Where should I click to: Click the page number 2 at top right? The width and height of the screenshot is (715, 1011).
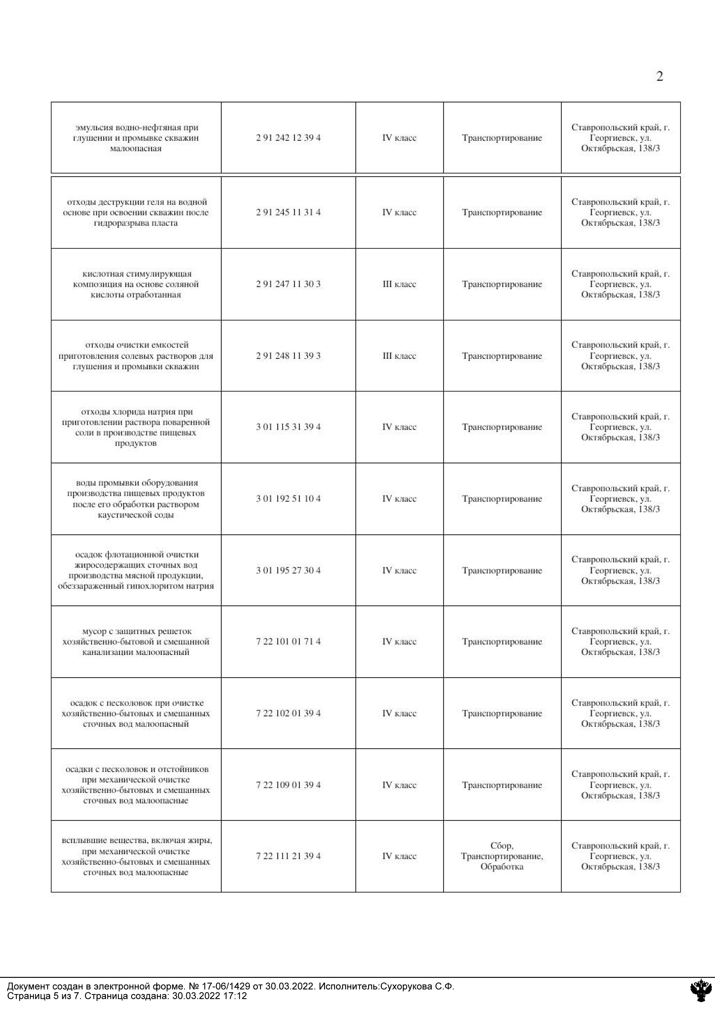659,77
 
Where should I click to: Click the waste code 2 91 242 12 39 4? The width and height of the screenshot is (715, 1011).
288,138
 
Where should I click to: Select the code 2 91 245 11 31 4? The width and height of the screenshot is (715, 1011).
288,212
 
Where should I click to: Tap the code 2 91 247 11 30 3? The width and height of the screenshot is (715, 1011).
288,284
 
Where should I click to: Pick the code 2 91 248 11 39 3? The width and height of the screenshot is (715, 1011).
288,356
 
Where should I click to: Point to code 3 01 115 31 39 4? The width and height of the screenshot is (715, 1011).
288,427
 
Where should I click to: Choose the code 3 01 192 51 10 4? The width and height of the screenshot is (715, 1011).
288,498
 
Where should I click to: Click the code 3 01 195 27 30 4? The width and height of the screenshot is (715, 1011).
288,570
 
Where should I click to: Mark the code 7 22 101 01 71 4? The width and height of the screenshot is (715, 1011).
288,641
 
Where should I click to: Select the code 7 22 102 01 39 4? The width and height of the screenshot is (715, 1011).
288,713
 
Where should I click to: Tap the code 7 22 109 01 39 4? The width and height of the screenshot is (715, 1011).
288,785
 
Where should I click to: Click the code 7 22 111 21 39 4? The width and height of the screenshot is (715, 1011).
288,856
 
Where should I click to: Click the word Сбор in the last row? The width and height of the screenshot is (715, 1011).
501,846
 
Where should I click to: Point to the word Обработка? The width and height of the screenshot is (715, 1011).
502,867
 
